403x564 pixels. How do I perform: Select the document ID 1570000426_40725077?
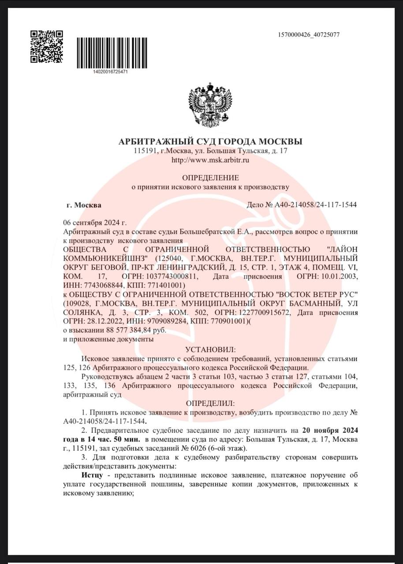coord(309,35)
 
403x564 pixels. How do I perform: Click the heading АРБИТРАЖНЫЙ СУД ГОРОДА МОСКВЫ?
coord(210,141)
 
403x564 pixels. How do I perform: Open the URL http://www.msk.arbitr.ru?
coord(210,160)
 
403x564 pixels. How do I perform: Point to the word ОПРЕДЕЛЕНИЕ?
coord(210,178)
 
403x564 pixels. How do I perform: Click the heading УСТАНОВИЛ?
coord(210,349)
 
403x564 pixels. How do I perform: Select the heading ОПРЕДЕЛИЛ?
coord(210,403)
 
